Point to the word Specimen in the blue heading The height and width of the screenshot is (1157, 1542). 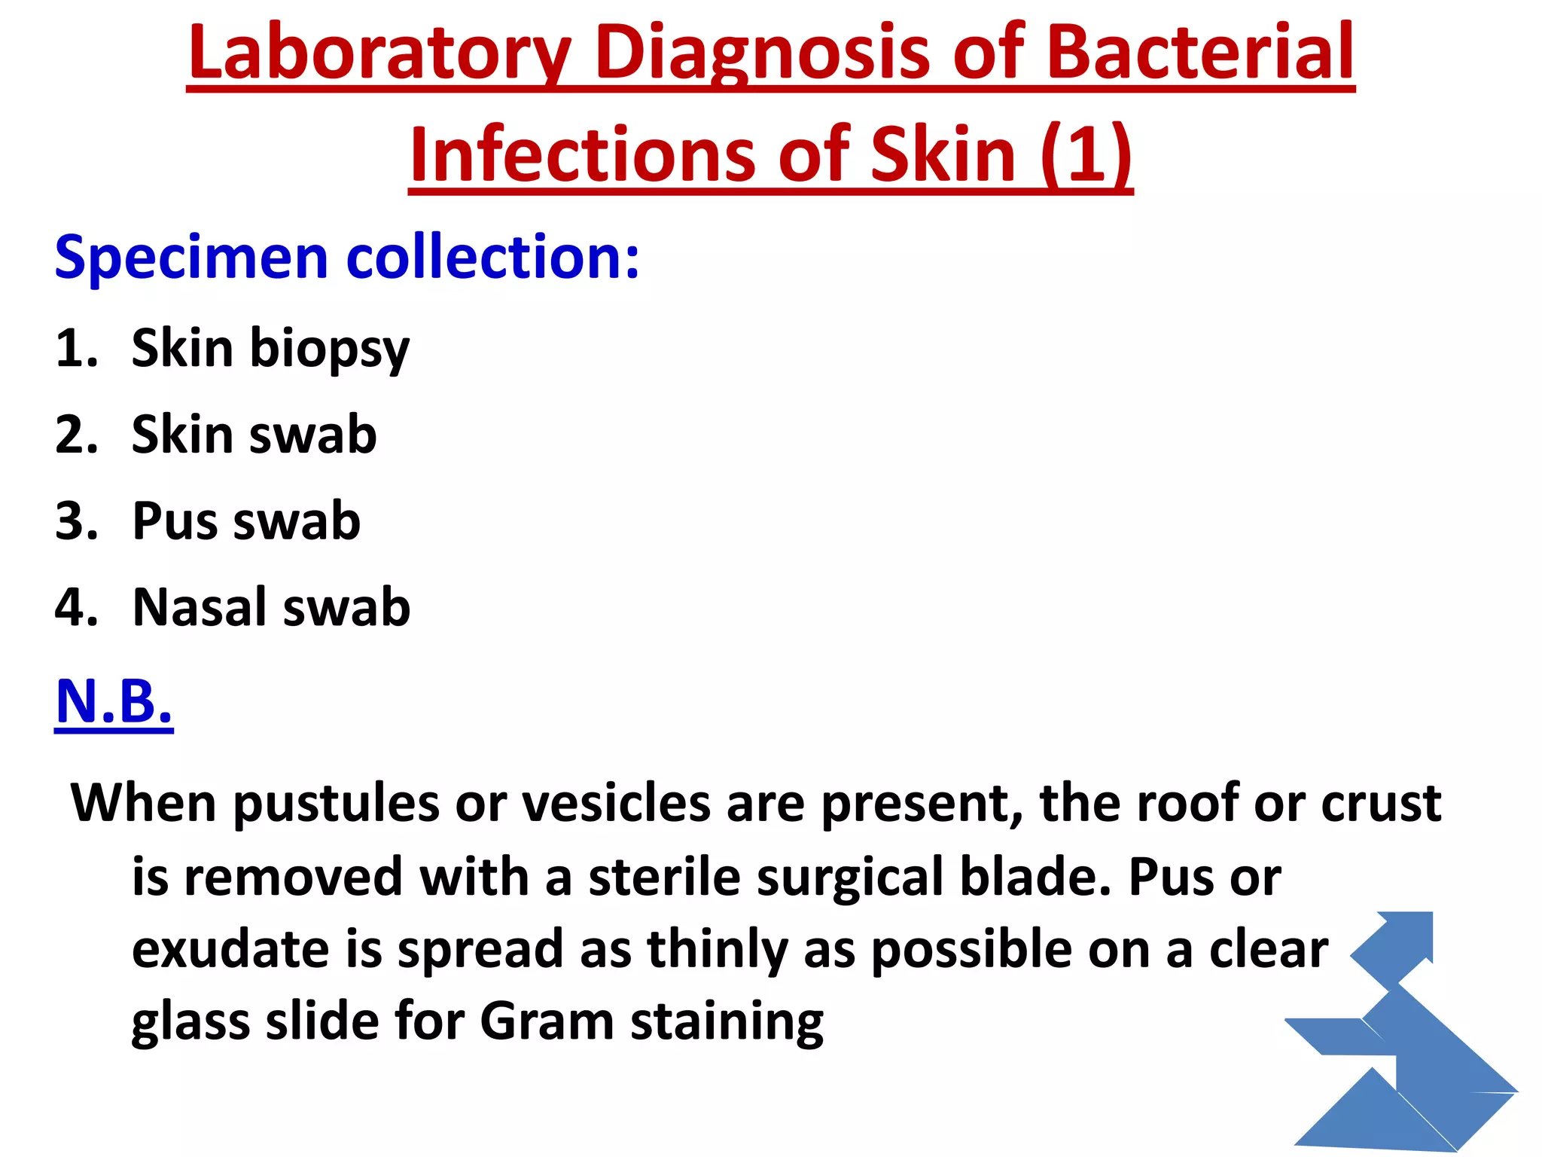pos(190,258)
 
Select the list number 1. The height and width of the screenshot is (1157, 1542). pos(76,349)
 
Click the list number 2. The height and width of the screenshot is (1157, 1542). pos(76,435)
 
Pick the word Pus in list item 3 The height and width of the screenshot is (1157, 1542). pos(174,521)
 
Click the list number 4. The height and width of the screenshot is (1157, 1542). pos(76,607)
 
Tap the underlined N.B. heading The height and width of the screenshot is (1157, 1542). pos(114,702)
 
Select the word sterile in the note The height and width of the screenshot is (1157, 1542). pos(664,878)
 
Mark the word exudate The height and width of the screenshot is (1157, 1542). pos(230,949)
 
